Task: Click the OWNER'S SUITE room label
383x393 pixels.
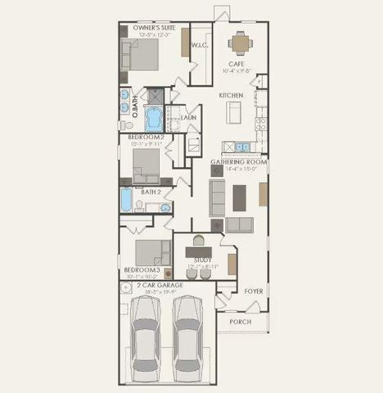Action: (150, 27)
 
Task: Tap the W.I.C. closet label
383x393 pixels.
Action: (201, 47)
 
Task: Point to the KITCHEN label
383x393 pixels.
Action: (231, 96)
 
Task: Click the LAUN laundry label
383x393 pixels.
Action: (188, 118)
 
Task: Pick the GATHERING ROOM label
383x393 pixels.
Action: (239, 162)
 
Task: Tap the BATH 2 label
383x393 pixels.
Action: (150, 192)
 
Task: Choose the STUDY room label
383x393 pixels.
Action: (201, 260)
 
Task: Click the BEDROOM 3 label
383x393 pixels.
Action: (142, 269)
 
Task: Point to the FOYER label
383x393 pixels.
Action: (252, 291)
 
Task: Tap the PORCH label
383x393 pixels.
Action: (241, 321)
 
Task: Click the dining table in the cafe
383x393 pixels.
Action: (239, 41)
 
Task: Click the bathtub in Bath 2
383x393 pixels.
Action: (126, 201)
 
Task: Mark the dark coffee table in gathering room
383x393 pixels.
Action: (238, 197)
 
